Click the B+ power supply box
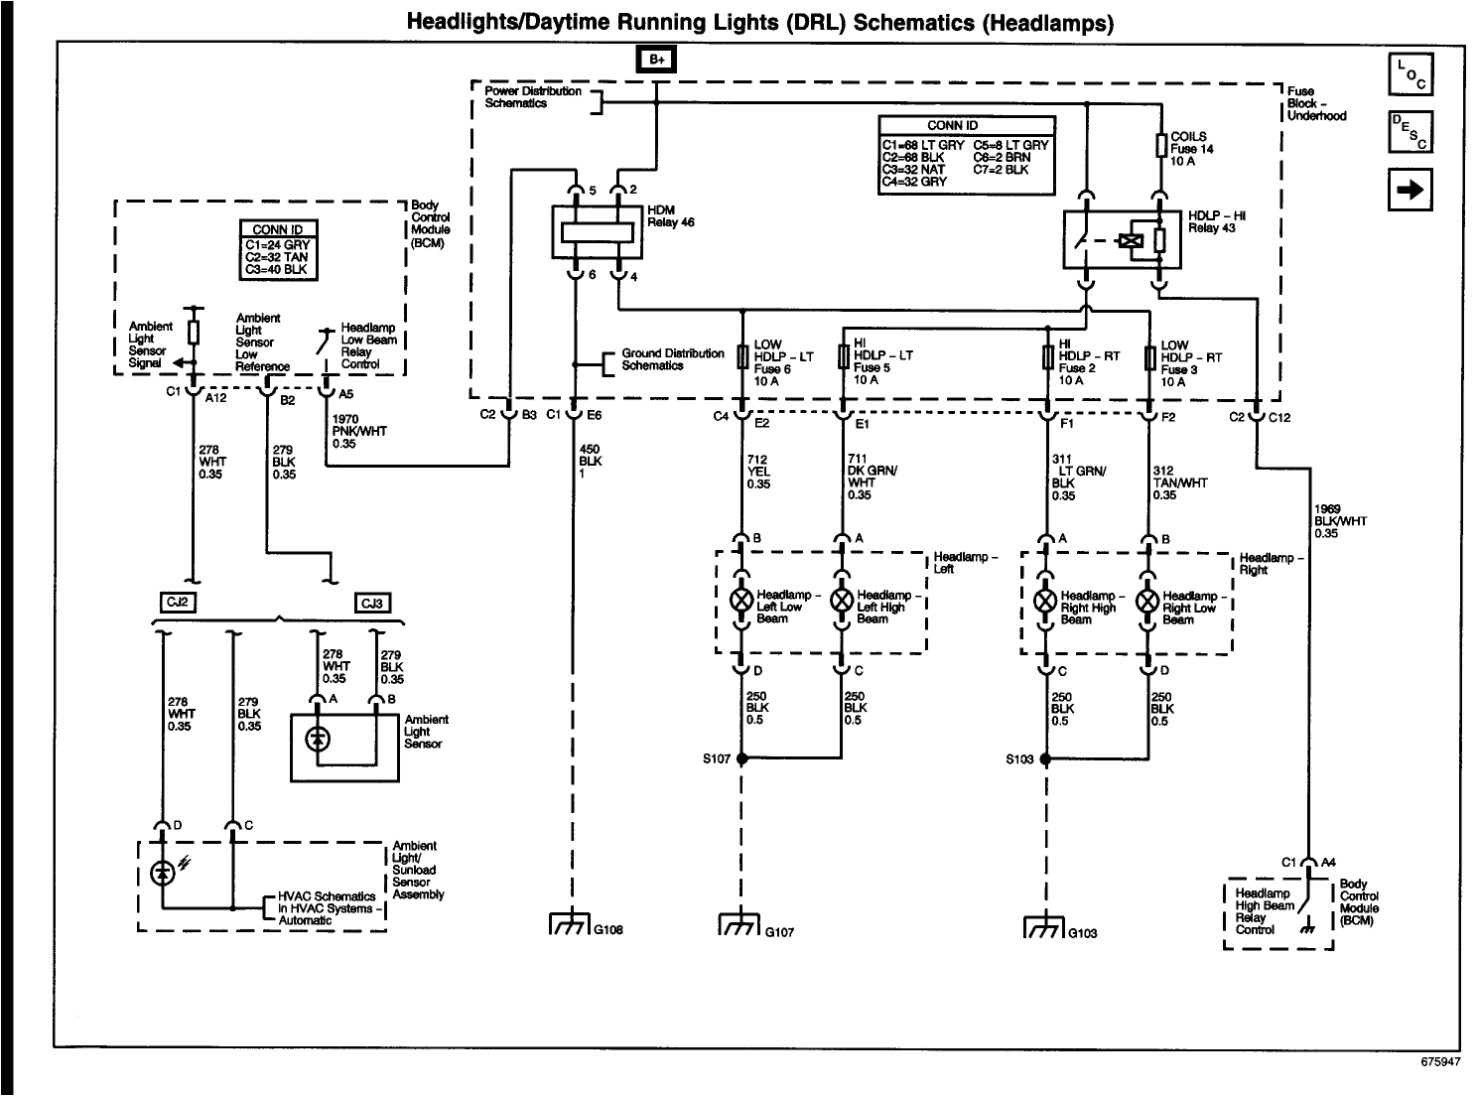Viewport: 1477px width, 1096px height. [657, 60]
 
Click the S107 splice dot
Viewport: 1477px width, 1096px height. [740, 759]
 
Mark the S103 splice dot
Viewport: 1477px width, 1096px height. [1045, 759]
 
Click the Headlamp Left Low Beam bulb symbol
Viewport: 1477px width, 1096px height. [740, 601]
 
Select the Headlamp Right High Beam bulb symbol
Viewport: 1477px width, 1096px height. [1045, 601]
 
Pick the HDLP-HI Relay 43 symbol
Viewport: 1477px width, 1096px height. [1122, 238]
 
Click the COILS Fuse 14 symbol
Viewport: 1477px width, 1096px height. [1159, 147]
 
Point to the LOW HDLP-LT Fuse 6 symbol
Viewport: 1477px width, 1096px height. [740, 356]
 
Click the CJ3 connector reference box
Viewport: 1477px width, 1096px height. [372, 603]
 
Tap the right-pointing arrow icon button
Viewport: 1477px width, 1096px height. [1410, 189]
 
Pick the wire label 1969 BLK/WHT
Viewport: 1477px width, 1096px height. [1340, 521]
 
